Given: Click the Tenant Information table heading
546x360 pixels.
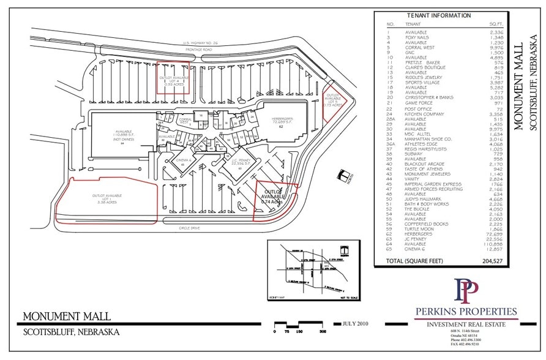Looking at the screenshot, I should point(439,16).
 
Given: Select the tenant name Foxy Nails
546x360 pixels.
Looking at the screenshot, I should point(417,37).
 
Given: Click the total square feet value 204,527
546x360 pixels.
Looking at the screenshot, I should point(489,261).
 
